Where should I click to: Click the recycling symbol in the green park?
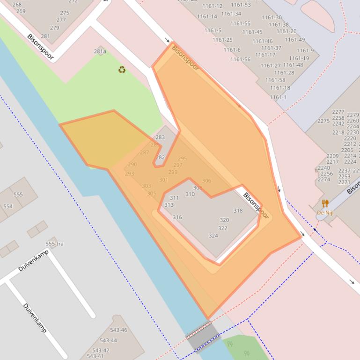(x=122, y=70)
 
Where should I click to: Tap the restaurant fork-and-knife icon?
(x=325, y=203)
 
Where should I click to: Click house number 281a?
(x=100, y=51)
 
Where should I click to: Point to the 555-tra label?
(x=54, y=244)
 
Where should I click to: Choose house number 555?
(x=18, y=194)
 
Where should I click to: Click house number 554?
(x=8, y=206)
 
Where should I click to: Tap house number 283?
(x=160, y=137)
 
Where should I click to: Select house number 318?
(x=238, y=210)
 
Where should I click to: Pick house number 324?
(x=213, y=236)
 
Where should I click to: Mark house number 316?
(x=177, y=217)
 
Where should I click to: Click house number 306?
(x=206, y=181)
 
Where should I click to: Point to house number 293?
(x=129, y=174)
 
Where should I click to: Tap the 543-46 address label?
(x=118, y=330)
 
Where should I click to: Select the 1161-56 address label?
(x=241, y=59)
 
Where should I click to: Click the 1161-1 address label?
(x=278, y=97)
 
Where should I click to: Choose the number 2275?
(x=323, y=121)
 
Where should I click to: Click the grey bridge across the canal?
(x=203, y=336)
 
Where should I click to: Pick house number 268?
(x=17, y=5)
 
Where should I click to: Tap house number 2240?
(x=323, y=168)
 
